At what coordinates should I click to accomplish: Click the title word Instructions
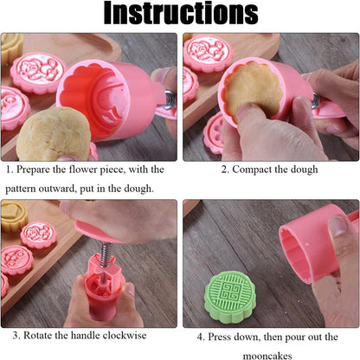click(179, 15)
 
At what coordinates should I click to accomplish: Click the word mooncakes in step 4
click(269, 354)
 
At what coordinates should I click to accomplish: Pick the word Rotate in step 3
click(39, 335)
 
